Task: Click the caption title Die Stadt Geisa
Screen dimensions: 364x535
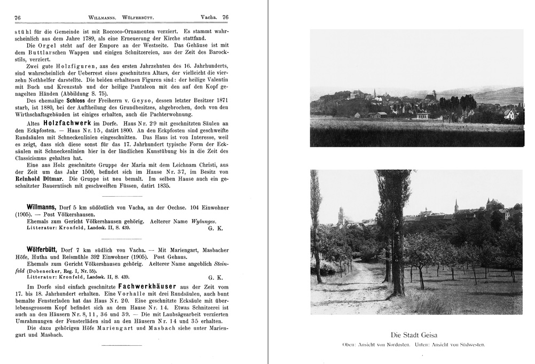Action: (x=416, y=335)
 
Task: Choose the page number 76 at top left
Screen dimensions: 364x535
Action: (x=18, y=18)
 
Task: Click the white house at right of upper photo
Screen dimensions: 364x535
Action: (x=510, y=114)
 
